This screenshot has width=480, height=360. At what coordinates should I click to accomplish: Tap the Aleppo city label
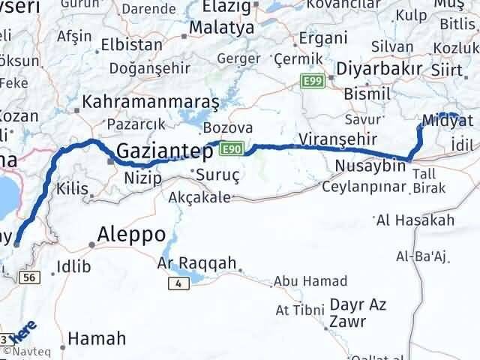(132, 234)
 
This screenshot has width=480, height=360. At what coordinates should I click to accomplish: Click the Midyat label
(448, 121)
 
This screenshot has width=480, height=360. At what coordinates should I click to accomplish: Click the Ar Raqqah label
(196, 263)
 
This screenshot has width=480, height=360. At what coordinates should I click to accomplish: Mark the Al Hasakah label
(415, 220)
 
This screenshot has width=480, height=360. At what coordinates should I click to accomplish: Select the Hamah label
(97, 339)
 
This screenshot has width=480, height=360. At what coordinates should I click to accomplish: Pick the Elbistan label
(131, 44)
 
